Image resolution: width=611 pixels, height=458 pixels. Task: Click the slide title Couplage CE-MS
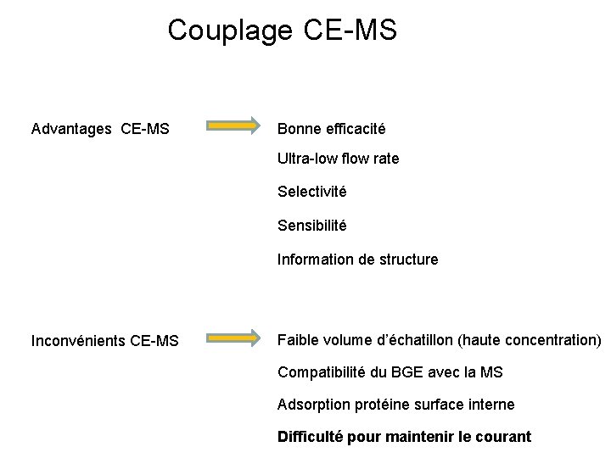(282, 31)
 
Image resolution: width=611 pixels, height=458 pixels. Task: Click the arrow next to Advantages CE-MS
(235, 126)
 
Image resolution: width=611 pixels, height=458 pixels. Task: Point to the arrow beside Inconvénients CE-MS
(235, 338)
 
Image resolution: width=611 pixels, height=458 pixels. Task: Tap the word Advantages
(71, 129)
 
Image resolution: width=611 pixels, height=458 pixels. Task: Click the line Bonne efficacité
(331, 129)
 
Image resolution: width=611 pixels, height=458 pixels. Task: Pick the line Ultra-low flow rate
(338, 159)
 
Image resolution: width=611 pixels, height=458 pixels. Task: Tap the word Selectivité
(311, 192)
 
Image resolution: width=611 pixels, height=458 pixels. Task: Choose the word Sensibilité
(311, 226)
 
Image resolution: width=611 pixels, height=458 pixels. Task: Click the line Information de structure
(357, 260)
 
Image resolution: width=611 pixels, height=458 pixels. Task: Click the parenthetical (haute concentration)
(530, 340)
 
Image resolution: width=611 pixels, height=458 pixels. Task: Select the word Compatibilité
(320, 372)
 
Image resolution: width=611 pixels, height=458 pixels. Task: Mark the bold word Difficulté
(309, 437)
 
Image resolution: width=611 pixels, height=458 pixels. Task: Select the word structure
(408, 260)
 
